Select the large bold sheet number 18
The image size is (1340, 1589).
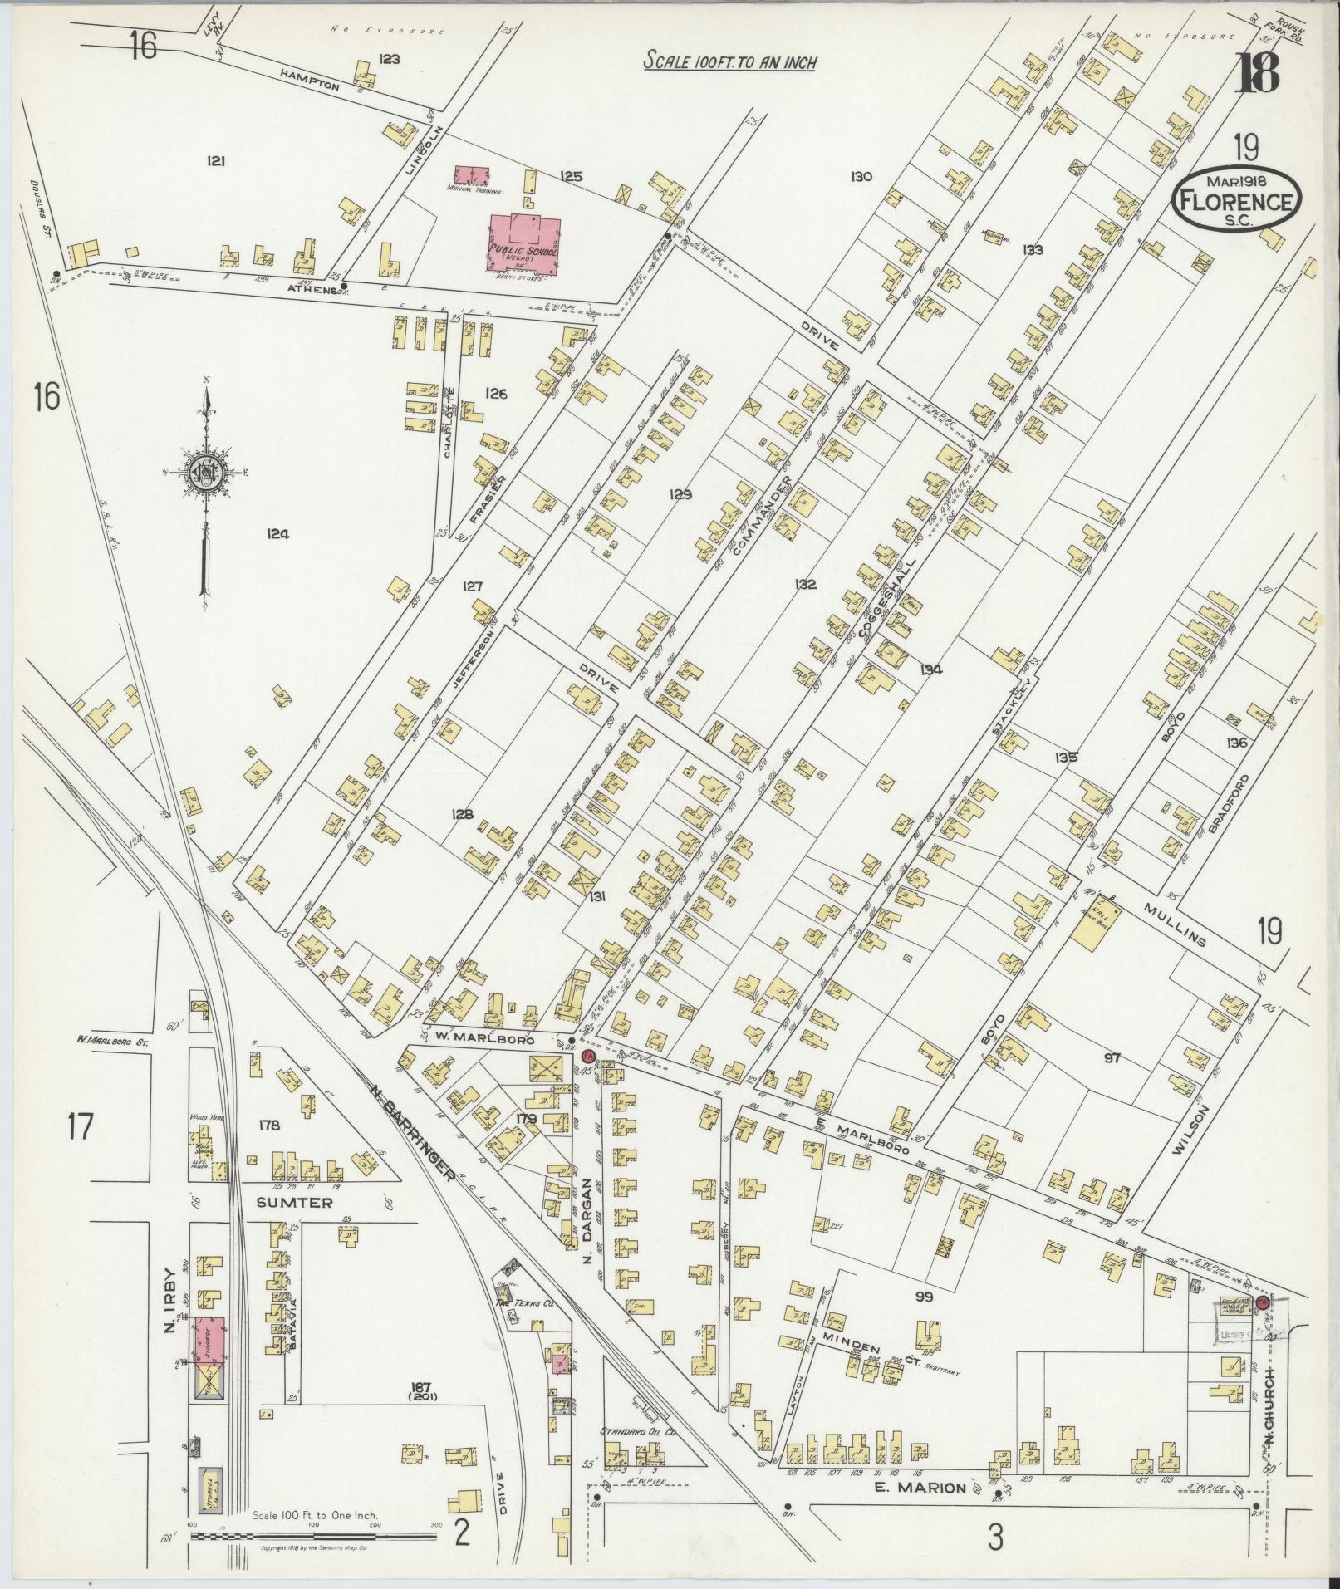click(1256, 74)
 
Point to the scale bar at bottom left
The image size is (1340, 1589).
click(313, 1536)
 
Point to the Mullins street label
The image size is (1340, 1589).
click(1175, 924)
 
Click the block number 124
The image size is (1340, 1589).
click(277, 535)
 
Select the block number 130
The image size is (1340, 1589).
click(860, 176)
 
